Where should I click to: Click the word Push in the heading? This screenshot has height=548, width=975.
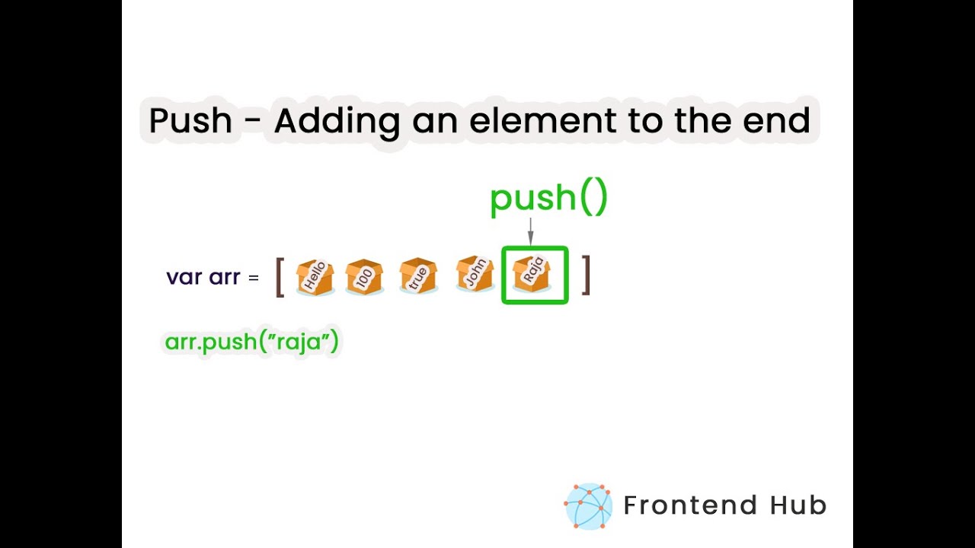point(190,121)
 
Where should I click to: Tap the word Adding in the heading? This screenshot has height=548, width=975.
point(337,121)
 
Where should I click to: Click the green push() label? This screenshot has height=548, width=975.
point(548,198)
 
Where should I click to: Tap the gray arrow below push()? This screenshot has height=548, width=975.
point(530,231)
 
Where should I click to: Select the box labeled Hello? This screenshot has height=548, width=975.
point(315,276)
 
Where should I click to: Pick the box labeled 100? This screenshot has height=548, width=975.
point(364,276)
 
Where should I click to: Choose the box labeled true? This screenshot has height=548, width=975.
point(418,276)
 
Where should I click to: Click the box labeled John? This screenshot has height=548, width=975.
point(475,275)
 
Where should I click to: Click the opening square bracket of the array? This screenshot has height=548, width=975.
point(280,276)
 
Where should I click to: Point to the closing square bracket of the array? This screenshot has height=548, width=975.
point(586,275)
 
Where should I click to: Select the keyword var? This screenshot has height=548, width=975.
point(183,276)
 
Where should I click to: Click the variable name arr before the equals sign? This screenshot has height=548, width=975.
point(224,276)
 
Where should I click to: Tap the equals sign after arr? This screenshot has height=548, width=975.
point(254,277)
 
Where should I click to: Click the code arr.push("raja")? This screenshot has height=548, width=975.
point(251,342)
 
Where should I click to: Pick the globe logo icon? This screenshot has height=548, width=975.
point(588,506)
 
